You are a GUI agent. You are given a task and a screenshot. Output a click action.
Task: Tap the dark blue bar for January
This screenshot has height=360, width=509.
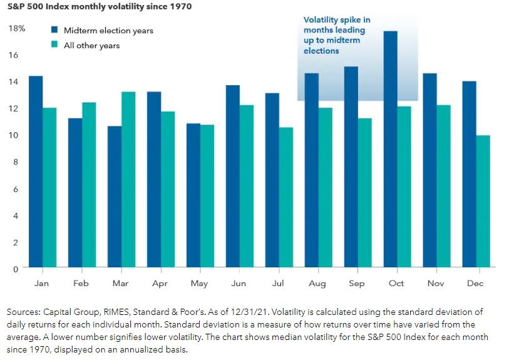tap(36, 172)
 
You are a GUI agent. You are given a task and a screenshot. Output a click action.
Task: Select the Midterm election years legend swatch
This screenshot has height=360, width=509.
tap(54, 30)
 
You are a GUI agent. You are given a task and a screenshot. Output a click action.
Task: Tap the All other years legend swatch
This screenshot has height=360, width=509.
tap(54, 45)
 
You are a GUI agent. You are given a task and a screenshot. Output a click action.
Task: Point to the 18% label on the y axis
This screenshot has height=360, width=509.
tap(17, 29)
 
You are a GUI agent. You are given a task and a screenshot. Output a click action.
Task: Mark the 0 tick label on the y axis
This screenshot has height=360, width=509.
tap(16, 269)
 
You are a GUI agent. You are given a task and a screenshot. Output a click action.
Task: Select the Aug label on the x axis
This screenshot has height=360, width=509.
tap(317, 284)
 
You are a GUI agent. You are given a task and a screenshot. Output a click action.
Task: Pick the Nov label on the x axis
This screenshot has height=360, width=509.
tap(436, 284)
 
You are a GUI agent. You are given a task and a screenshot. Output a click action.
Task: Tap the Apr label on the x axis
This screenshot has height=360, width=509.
tap(160, 284)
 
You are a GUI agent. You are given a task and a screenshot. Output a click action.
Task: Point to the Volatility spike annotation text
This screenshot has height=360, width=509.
tap(337, 35)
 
